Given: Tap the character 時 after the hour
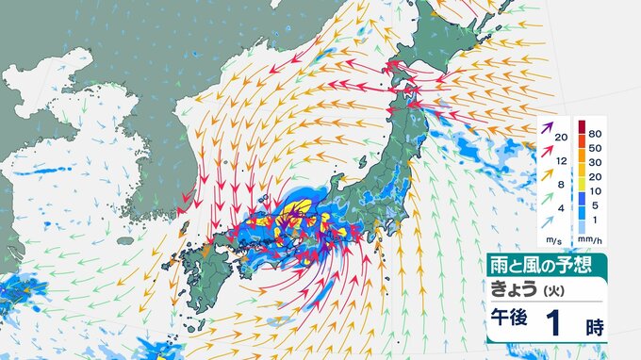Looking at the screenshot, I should click(x=594, y=327).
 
